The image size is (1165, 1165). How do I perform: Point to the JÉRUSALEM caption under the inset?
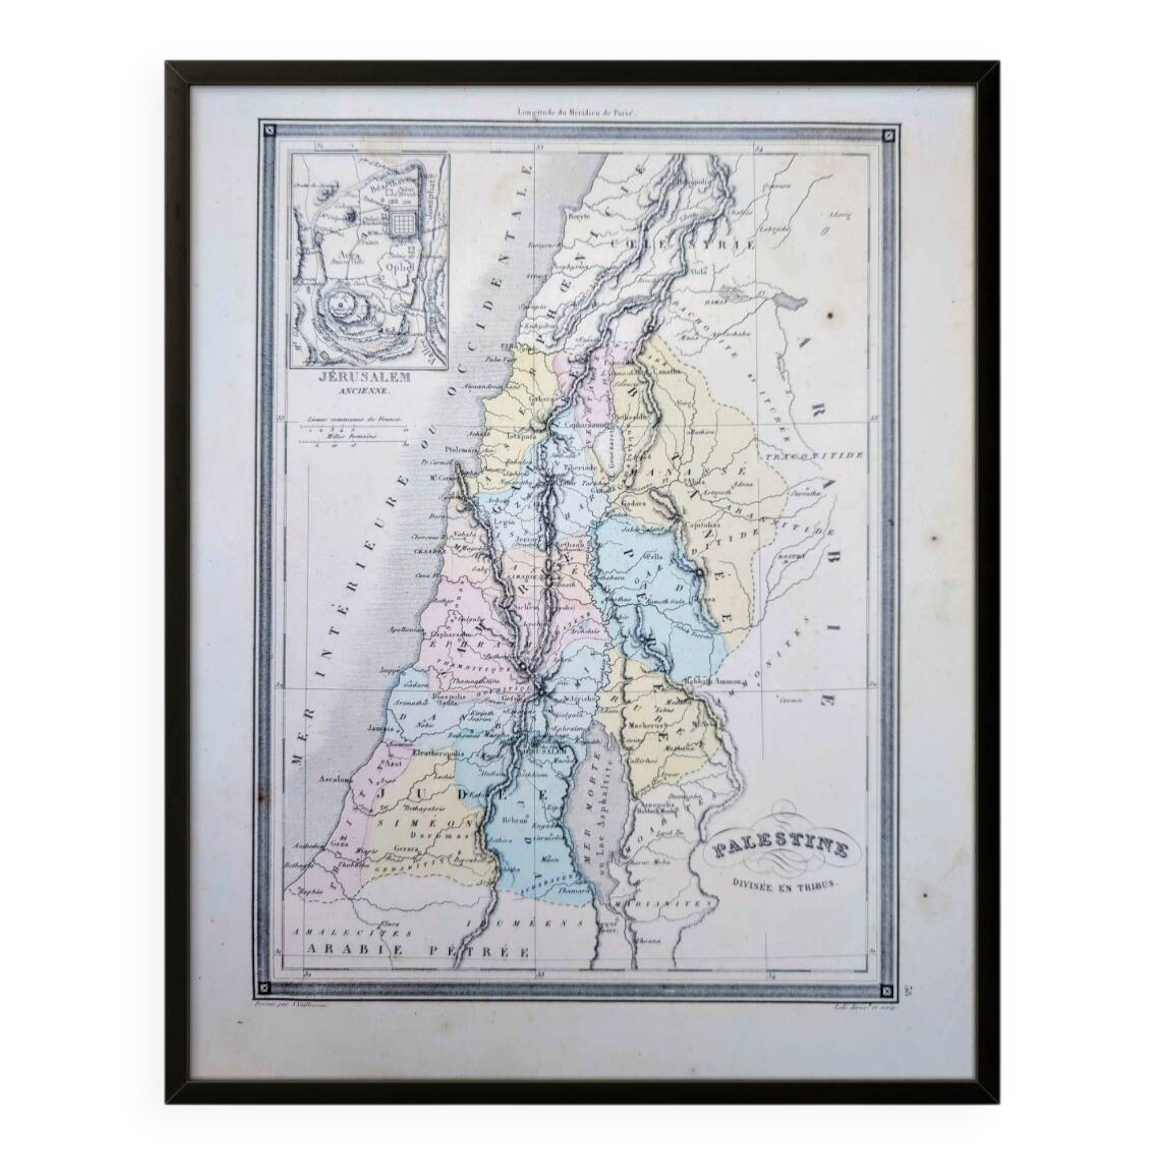(358, 377)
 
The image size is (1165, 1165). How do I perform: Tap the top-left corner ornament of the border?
(269, 128)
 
